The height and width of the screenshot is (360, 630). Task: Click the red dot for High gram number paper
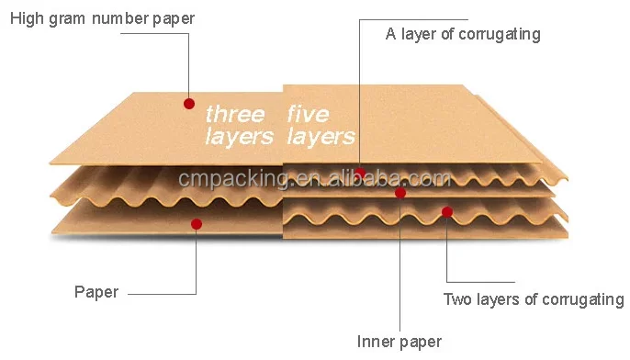coord(189,104)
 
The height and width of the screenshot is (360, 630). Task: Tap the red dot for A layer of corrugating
coord(360,173)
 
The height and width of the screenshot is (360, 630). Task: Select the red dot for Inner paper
coord(400,193)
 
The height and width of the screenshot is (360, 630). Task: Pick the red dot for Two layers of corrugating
coord(446,212)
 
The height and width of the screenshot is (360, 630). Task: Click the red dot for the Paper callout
coord(196,223)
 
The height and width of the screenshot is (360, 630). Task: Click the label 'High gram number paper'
coord(102,18)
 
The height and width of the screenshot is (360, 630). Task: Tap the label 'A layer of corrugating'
coord(462,35)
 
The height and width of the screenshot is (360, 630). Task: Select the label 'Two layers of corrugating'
coord(534,299)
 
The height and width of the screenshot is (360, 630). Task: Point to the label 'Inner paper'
coord(399,342)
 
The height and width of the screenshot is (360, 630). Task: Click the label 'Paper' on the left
coord(96,292)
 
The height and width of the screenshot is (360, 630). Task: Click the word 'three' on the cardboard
coord(235,115)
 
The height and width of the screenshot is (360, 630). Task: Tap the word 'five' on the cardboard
coord(308,115)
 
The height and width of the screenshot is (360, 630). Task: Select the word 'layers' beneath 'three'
coord(239,137)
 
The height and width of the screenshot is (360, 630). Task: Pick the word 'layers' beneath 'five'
coord(321,137)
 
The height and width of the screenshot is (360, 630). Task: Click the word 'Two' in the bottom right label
coord(458,299)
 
